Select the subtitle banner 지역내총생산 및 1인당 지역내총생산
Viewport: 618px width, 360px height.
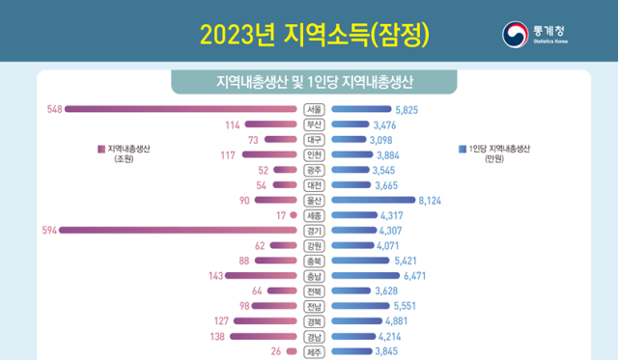click(309, 78)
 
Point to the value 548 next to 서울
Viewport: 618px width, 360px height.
click(54, 109)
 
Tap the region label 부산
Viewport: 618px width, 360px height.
click(314, 125)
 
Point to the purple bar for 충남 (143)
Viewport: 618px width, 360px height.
click(261, 275)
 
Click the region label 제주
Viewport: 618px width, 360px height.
click(314, 351)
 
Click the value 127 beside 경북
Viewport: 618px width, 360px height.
click(218, 320)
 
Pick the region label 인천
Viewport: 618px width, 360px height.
click(314, 154)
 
